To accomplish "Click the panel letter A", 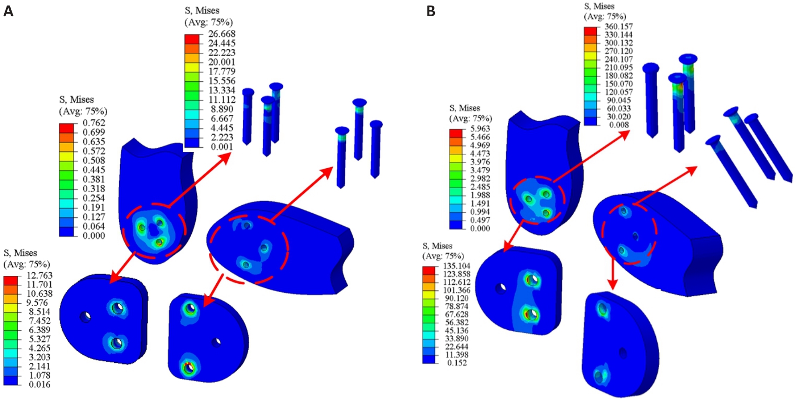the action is [x=8, y=11].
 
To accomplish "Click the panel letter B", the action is [x=431, y=11].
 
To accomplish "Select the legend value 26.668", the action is [x=222, y=34].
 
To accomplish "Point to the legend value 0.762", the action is [x=94, y=123].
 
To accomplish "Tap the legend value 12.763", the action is [x=39, y=275].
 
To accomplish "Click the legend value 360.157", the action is [x=619, y=26].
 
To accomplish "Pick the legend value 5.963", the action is [x=480, y=129].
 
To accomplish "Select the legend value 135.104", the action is [x=457, y=266].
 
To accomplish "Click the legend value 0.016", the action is [x=39, y=385].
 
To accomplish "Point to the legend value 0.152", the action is [x=457, y=363].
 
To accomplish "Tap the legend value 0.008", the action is [x=619, y=125].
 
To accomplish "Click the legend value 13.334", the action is [x=222, y=91].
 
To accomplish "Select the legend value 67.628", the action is [x=457, y=314].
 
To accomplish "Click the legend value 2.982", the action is [x=480, y=179].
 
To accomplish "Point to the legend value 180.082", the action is [x=619, y=76].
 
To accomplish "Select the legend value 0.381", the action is [x=94, y=179].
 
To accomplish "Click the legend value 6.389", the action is [x=39, y=330].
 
